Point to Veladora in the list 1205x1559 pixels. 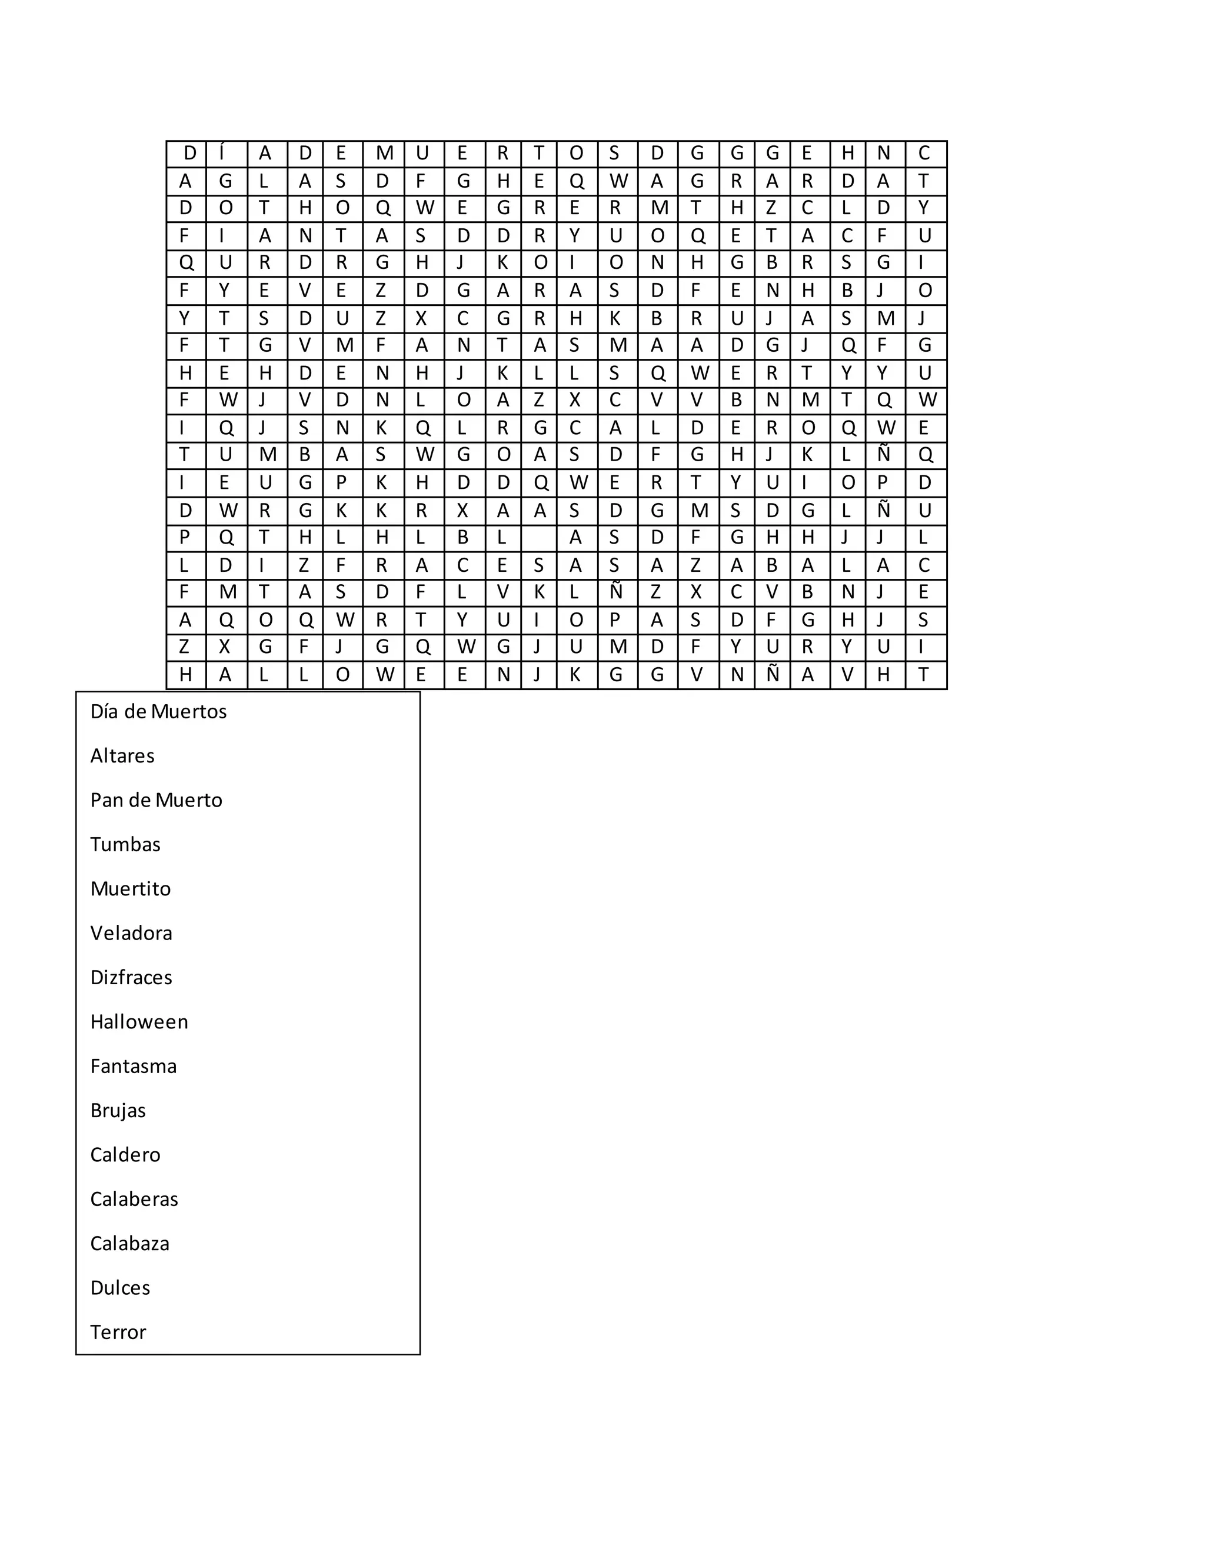pyautogui.click(x=131, y=933)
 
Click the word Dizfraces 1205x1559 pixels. pyautogui.click(x=131, y=977)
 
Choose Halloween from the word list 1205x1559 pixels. pyautogui.click(x=139, y=1021)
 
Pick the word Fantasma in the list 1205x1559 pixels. pyautogui.click(x=134, y=1066)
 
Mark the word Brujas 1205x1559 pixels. pyautogui.click(x=118, y=1111)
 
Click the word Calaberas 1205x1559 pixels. pyautogui.click(x=134, y=1199)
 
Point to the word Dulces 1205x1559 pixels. pyautogui.click(x=120, y=1288)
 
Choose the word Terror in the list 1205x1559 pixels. pyautogui.click(x=118, y=1332)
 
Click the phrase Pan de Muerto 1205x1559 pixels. pyautogui.click(x=157, y=800)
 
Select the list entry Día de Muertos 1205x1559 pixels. pyautogui.click(x=158, y=712)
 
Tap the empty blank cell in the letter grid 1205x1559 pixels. pyautogui.click(x=539, y=538)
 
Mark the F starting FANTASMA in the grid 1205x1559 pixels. pyautogui.click(x=382, y=346)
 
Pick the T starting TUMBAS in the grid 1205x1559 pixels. pyautogui.click(x=185, y=455)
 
